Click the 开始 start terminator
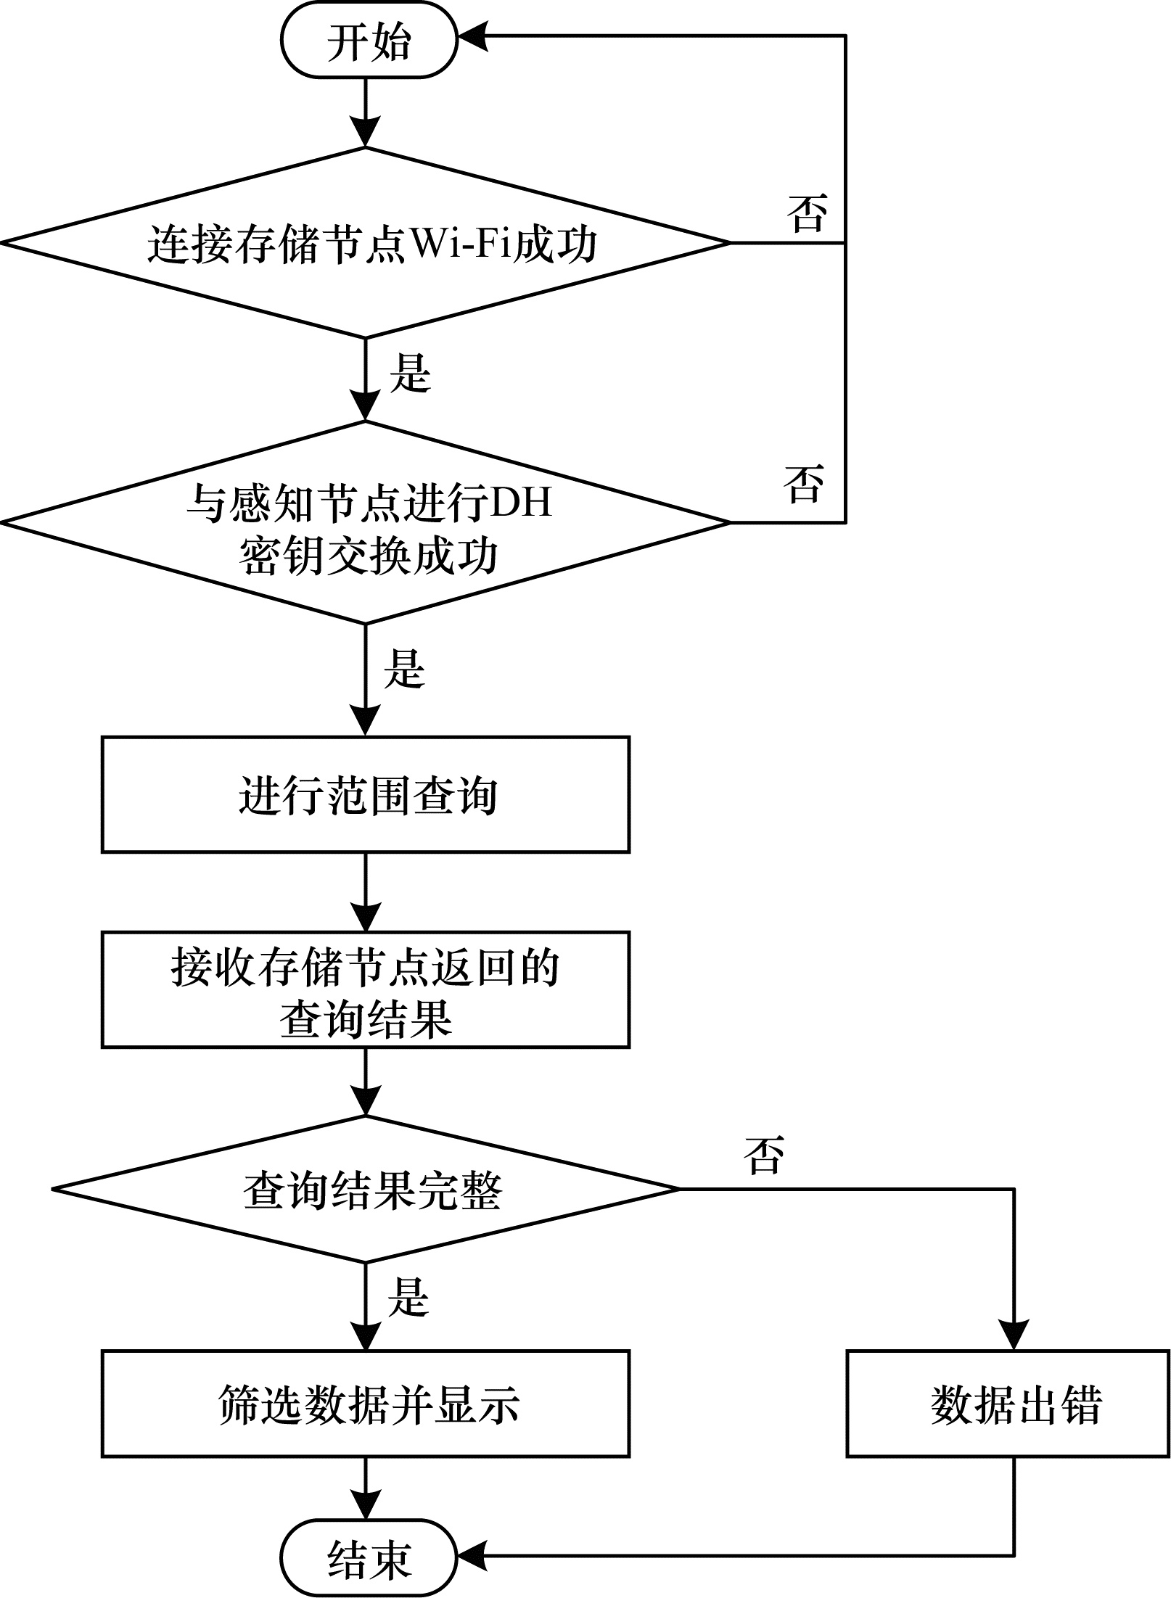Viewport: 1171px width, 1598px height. point(369,41)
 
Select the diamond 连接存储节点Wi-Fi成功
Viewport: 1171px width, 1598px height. point(366,242)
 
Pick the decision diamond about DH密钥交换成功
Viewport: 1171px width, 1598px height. point(366,522)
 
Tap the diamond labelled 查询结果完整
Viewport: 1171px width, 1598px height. point(366,1189)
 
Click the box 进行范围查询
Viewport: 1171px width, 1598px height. point(366,794)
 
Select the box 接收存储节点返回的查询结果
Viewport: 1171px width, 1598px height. point(366,990)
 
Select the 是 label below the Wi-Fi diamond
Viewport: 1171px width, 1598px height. point(411,373)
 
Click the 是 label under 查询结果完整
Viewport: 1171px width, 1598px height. point(408,1296)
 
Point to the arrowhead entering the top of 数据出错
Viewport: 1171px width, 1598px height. point(1014,1335)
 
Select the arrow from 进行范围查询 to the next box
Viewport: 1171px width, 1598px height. point(366,892)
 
